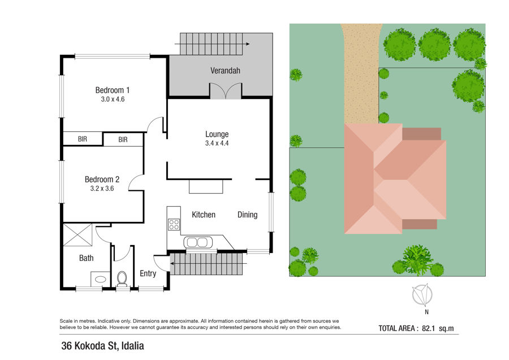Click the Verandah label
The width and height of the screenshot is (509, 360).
(225, 71)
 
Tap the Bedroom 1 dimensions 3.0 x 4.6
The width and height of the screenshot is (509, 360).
(113, 100)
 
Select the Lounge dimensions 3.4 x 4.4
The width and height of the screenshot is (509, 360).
(217, 143)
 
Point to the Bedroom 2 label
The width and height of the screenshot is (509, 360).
(102, 179)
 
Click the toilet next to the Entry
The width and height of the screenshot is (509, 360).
(122, 278)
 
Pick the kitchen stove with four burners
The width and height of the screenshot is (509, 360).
(174, 225)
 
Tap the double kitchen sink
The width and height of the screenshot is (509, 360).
(198, 242)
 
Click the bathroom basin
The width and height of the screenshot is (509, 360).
(100, 279)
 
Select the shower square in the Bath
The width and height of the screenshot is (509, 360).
(77, 234)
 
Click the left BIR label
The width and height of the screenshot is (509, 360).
(83, 139)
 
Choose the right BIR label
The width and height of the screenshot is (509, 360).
(123, 140)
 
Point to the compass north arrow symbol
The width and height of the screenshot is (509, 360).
(422, 295)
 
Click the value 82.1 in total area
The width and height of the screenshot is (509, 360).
(428, 328)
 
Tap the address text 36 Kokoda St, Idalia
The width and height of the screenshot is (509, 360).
(102, 346)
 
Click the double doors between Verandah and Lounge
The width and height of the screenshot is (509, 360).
(226, 91)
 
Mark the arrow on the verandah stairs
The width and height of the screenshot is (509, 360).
(212, 44)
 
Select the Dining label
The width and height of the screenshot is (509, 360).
(247, 215)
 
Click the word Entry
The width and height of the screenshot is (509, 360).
(148, 273)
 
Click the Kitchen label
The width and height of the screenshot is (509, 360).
(204, 215)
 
